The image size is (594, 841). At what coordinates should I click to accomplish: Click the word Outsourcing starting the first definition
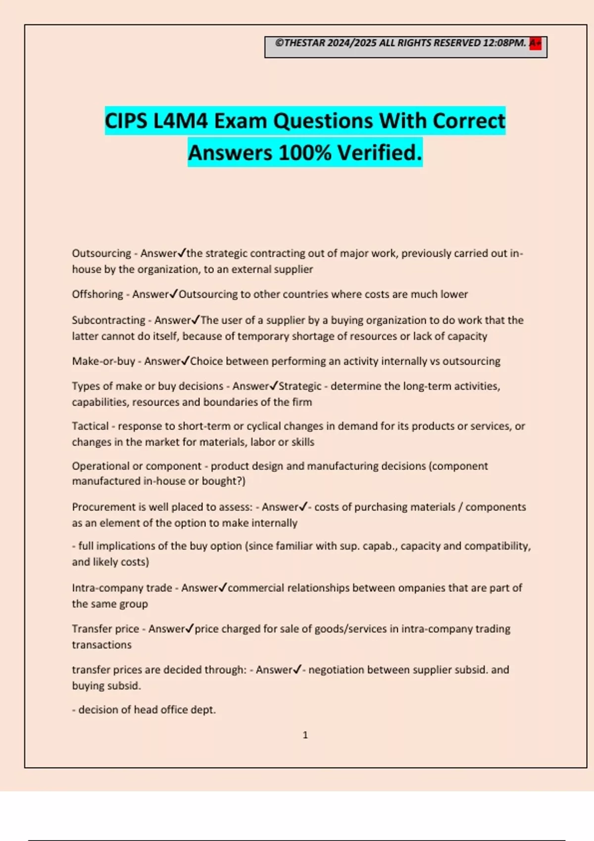[x=101, y=253]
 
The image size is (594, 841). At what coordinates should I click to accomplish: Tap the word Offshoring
[x=98, y=294]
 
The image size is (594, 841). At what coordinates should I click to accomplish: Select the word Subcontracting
[x=108, y=320]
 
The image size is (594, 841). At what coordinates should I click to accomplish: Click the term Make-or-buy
[x=103, y=361]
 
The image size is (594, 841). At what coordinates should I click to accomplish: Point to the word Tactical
[x=90, y=426]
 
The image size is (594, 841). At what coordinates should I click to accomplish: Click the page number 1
[x=305, y=735]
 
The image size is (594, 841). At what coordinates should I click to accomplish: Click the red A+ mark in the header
[x=535, y=44]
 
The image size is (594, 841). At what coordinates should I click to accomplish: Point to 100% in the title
[x=305, y=153]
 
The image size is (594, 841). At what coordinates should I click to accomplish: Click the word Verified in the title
[x=380, y=153]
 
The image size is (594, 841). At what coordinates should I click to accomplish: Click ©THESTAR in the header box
[x=300, y=43]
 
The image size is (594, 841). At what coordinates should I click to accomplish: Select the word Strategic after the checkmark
[x=300, y=386]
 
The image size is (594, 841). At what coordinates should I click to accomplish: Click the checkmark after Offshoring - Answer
[x=173, y=294]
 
